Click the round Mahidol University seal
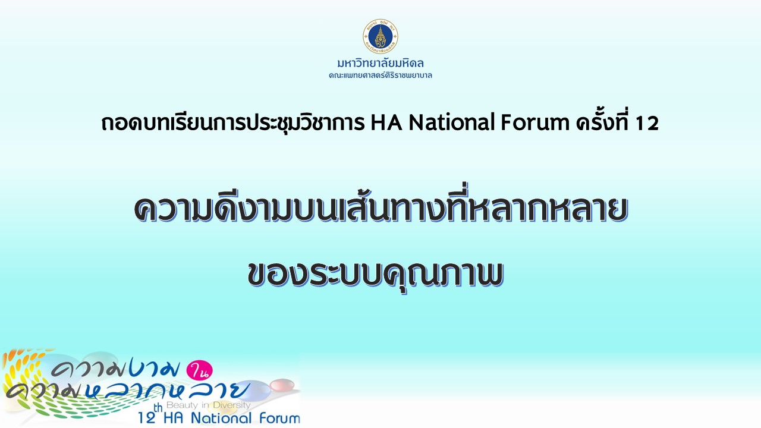(x=380, y=36)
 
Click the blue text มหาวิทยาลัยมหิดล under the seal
(x=380, y=63)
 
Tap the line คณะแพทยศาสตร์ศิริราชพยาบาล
(x=380, y=75)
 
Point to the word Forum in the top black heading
(x=535, y=122)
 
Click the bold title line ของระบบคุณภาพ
(x=376, y=275)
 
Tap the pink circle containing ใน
(x=199, y=370)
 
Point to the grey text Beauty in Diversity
(x=208, y=405)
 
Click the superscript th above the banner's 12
(x=158, y=408)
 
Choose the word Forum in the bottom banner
(x=279, y=418)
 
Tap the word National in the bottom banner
(x=221, y=418)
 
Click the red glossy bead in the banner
(x=282, y=385)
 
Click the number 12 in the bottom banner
(x=147, y=418)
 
